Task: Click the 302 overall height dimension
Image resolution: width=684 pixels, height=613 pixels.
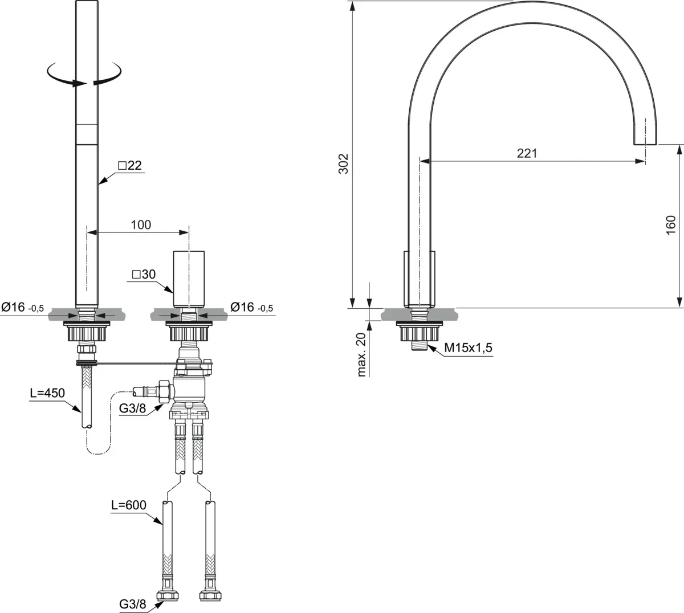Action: (x=343, y=164)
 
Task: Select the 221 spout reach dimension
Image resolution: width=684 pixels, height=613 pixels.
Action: (x=527, y=154)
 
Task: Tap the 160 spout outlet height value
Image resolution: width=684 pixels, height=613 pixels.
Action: (x=671, y=225)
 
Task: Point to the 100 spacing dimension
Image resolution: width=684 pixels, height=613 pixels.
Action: (x=141, y=225)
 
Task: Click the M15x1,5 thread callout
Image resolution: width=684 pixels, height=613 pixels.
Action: (x=469, y=348)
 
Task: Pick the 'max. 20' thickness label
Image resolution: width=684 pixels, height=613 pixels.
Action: (x=361, y=354)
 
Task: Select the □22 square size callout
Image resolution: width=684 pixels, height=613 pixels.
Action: (x=130, y=165)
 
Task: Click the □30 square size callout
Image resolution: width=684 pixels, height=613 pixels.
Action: (x=144, y=274)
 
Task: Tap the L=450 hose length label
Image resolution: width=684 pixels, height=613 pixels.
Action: (x=47, y=393)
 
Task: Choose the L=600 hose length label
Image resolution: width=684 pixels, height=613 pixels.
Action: (x=129, y=505)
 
